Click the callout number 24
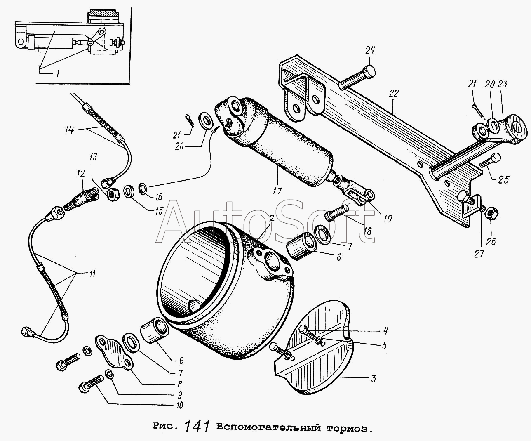(x=370, y=50)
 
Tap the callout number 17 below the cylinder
(x=277, y=191)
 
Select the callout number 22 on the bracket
(x=394, y=94)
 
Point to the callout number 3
(x=373, y=379)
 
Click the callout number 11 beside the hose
(x=92, y=274)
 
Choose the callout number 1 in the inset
(x=58, y=73)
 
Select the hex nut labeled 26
(x=492, y=214)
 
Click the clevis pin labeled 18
(x=337, y=213)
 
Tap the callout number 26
(x=491, y=241)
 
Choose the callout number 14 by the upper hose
(x=69, y=130)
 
